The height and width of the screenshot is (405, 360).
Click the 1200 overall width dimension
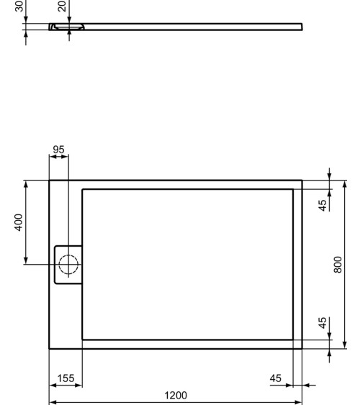click(x=176, y=395)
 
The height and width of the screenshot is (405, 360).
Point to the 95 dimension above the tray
click(x=58, y=150)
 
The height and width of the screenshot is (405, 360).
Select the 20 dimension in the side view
click(x=62, y=6)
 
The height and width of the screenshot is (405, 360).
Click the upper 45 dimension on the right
click(x=324, y=204)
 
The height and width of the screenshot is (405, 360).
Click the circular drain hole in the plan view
click(x=68, y=264)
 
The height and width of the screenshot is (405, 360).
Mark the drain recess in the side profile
click(x=68, y=27)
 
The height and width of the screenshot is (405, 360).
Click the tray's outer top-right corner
click(x=302, y=180)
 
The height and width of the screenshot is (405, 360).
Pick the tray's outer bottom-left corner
click(x=49, y=349)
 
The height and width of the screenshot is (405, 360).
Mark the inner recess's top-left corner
click(x=83, y=189)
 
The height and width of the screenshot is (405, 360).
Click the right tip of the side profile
click(x=302, y=27)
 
